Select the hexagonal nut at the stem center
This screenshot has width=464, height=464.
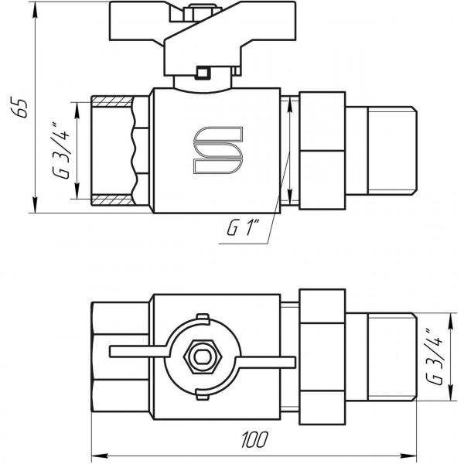tap(202, 357)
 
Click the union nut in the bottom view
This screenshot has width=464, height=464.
tap(321, 357)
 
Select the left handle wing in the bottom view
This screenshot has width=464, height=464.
tap(136, 354)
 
